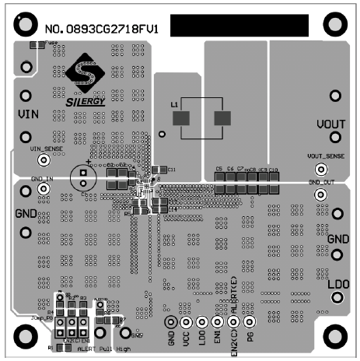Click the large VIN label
(27, 114)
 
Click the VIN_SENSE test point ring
(44, 159)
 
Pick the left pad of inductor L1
(182, 118)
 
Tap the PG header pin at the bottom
(250, 322)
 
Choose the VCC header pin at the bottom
(187, 322)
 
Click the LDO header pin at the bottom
(202, 322)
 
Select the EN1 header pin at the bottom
(218, 322)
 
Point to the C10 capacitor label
(274, 169)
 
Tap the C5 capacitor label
(219, 169)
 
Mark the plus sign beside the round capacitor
(89, 163)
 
